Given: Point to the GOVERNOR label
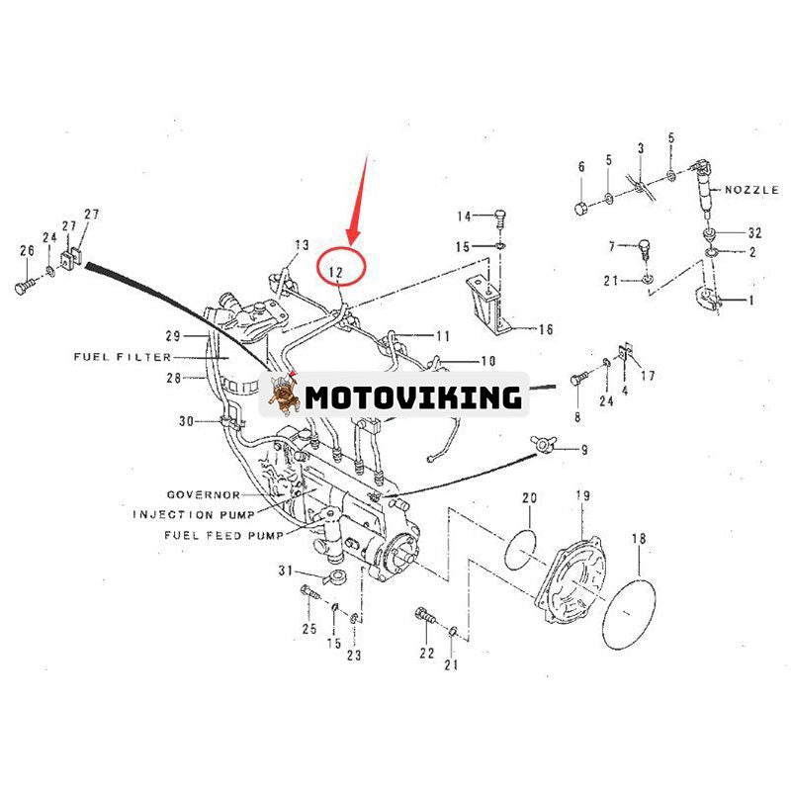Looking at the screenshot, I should [x=203, y=494].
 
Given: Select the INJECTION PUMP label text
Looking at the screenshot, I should [x=194, y=514].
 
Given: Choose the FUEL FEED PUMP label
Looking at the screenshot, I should [x=223, y=535].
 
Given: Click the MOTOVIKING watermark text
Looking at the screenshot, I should [x=412, y=397].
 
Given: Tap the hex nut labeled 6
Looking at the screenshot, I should [x=580, y=208].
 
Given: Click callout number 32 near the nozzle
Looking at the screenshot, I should [x=754, y=233].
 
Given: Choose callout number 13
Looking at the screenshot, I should [x=302, y=244].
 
